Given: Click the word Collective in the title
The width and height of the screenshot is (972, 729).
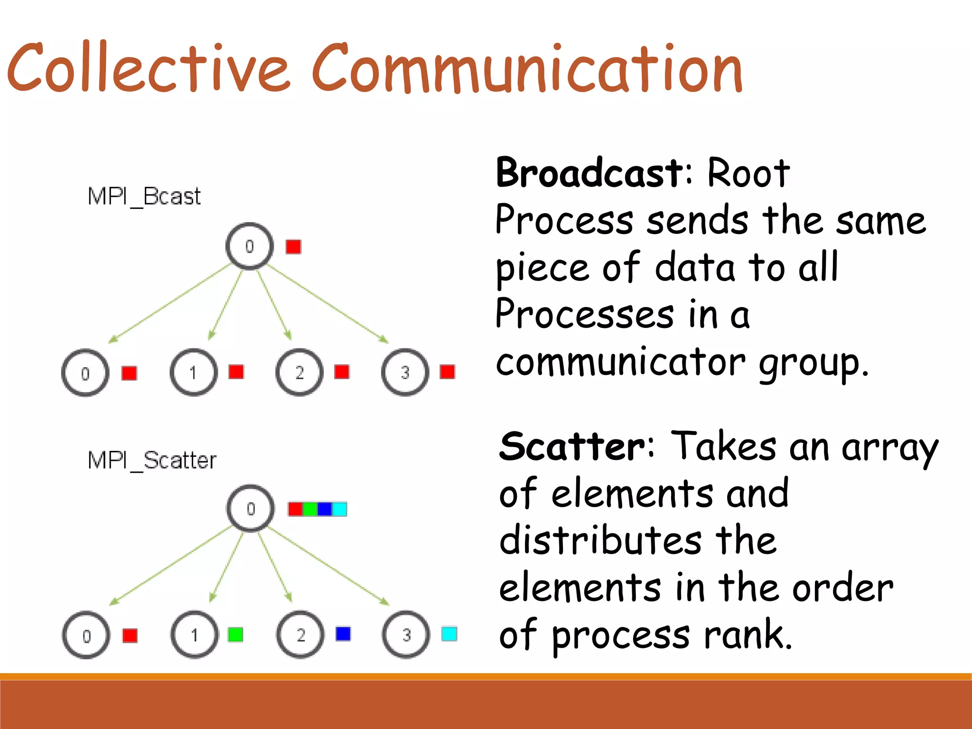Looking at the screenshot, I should tap(147, 69).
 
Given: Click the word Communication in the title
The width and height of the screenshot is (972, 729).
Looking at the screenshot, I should tap(527, 69).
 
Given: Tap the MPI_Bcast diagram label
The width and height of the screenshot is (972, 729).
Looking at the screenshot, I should tap(144, 196).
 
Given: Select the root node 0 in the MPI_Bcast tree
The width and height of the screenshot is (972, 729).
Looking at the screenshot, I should tap(250, 246).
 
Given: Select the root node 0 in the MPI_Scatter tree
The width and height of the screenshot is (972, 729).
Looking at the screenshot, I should tap(251, 509).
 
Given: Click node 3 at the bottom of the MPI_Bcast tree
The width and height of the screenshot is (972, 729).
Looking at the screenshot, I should tap(405, 373).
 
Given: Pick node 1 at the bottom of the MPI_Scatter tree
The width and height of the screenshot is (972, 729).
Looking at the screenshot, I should tap(195, 635).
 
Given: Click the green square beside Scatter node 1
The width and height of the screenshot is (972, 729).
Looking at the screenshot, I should tap(235, 635).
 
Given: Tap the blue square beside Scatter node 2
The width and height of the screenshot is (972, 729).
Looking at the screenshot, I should tap(343, 634).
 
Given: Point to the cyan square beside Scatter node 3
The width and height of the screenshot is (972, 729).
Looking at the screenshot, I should tap(449, 634).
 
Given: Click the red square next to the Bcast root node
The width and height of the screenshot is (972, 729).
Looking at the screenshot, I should tap(293, 247).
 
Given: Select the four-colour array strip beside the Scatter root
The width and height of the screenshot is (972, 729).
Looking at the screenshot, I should tap(318, 509).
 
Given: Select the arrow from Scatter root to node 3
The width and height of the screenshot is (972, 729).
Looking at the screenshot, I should tap(327, 567).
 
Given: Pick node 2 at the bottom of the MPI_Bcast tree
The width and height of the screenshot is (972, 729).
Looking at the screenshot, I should tap(299, 373).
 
